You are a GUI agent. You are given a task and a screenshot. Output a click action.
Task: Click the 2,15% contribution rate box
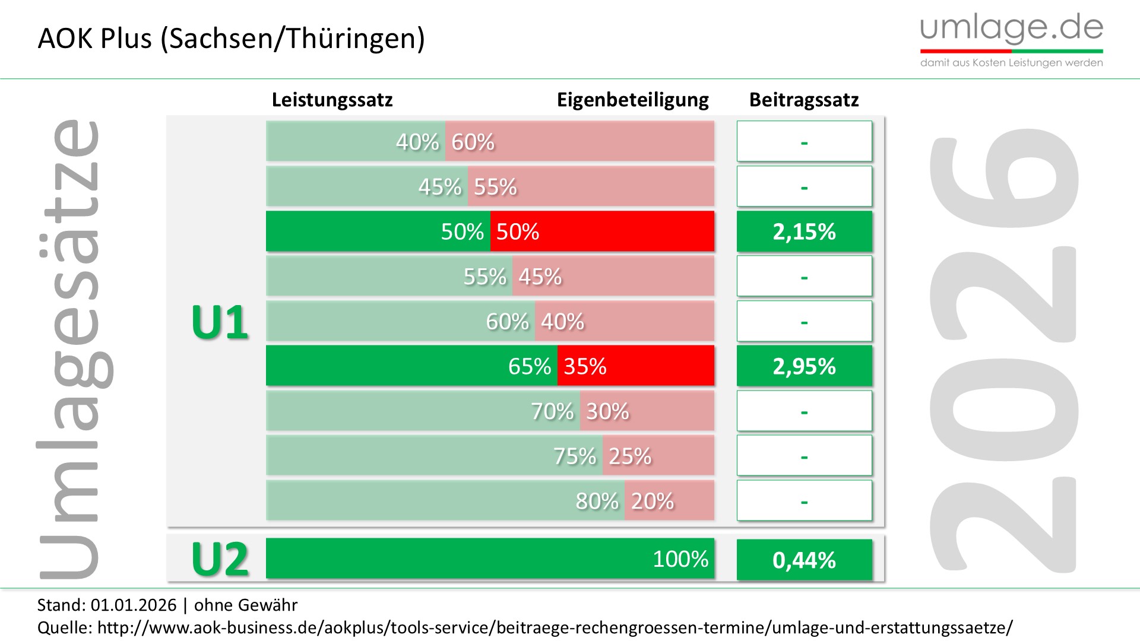coord(804,231)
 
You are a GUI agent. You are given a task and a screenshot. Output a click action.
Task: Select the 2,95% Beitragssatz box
coord(804,366)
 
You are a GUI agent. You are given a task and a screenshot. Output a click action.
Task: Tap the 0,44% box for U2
coord(804,560)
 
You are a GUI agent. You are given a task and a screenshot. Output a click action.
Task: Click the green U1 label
coord(220,323)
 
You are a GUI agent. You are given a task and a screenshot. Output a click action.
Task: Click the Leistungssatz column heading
coord(332,100)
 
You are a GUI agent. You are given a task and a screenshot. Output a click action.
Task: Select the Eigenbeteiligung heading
coord(632,100)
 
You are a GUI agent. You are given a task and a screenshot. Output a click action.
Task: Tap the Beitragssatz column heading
coord(804,100)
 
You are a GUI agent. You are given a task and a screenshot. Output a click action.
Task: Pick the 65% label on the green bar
coord(529,366)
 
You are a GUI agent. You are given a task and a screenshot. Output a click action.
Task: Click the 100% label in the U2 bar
coord(680,559)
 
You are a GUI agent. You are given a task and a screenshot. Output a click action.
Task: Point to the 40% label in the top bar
coord(417,142)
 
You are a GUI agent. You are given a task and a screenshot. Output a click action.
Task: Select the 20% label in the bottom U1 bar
coord(652,502)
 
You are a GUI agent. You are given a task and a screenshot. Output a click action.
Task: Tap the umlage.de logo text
coord(1011,28)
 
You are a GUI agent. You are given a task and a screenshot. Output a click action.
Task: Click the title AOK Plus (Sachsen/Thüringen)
coord(231,39)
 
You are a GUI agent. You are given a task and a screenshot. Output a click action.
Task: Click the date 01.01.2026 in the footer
coord(134,605)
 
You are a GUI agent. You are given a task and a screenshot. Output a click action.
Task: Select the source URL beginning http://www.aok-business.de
coord(555,627)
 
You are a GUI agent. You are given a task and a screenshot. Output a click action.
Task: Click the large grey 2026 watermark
coord(1003,350)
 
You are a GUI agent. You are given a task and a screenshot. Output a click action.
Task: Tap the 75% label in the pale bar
coord(574,456)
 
